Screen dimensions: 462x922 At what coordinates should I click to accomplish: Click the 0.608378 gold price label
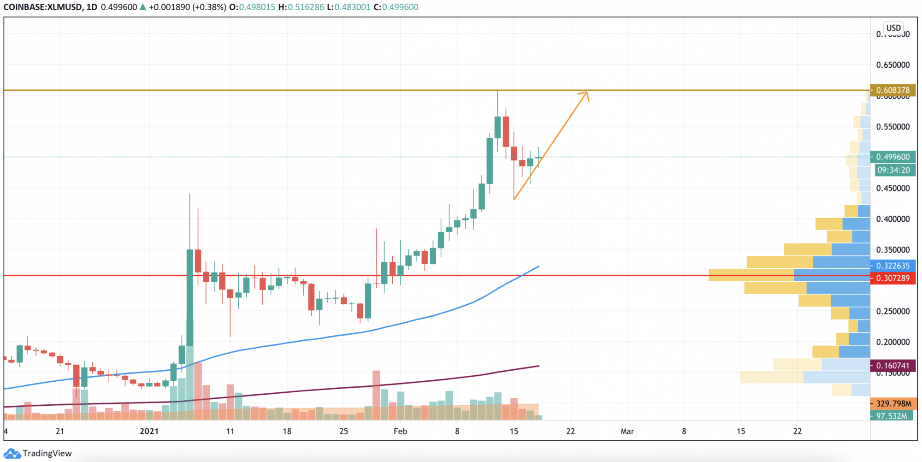pos(892,90)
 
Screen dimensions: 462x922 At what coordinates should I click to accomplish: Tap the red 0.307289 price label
pos(892,278)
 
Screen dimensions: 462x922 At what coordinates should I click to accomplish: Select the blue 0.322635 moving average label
pos(892,266)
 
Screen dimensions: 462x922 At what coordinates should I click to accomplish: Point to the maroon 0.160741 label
pos(892,366)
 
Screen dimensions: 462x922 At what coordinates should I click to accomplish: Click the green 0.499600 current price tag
pos(892,157)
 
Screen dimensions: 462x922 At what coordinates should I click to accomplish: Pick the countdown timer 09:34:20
pos(893,170)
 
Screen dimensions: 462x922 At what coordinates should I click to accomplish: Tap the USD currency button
pos(893,28)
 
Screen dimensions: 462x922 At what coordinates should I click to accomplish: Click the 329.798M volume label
pos(893,404)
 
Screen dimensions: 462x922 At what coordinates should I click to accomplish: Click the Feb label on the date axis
pos(400,432)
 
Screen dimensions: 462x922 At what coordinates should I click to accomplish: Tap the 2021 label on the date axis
pos(149,432)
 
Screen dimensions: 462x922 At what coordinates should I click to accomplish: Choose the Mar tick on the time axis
pos(627,432)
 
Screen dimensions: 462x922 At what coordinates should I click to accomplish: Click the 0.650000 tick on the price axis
pos(893,65)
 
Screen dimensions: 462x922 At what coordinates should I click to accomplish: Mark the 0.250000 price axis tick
pos(893,311)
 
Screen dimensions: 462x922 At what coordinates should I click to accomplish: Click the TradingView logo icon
pos(12,454)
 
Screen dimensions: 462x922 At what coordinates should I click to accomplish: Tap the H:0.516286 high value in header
pos(301,7)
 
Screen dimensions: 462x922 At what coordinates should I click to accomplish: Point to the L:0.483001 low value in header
pos(349,7)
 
